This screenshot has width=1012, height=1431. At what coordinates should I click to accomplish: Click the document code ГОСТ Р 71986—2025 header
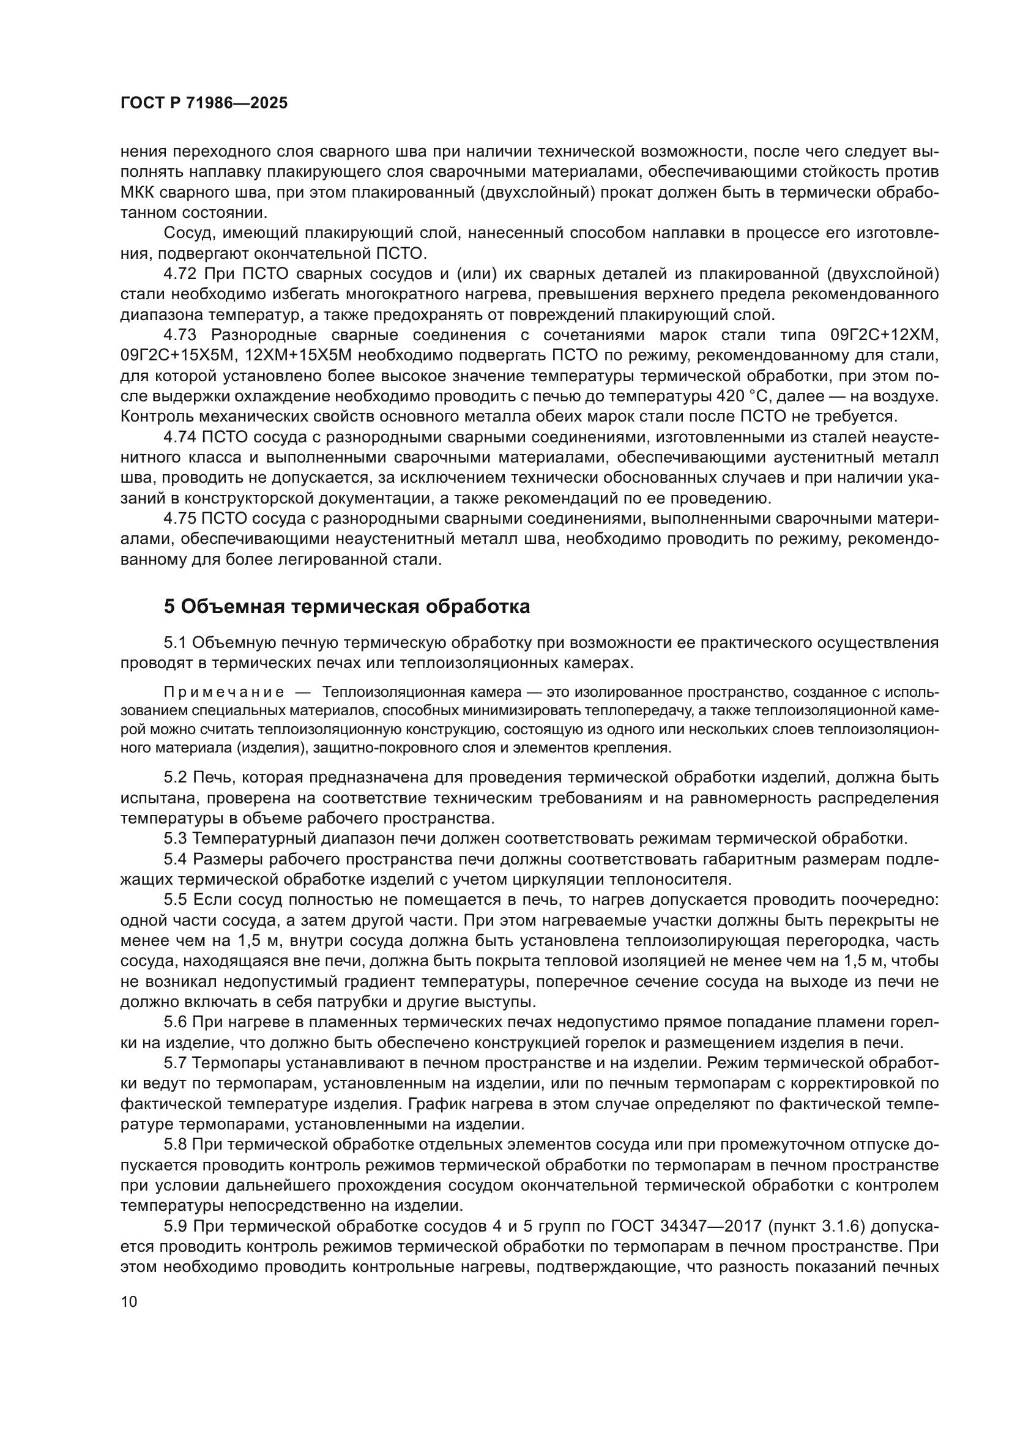(204, 103)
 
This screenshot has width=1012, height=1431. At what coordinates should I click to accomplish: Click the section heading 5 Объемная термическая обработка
(346, 606)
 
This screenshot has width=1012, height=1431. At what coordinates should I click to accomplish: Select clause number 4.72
(179, 273)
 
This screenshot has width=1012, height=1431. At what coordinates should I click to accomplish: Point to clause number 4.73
(179, 335)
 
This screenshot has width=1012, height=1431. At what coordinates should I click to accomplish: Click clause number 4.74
(179, 437)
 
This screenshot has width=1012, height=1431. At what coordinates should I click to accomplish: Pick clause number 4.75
(179, 519)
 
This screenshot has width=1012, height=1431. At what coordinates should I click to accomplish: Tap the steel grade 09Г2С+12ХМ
(884, 335)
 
